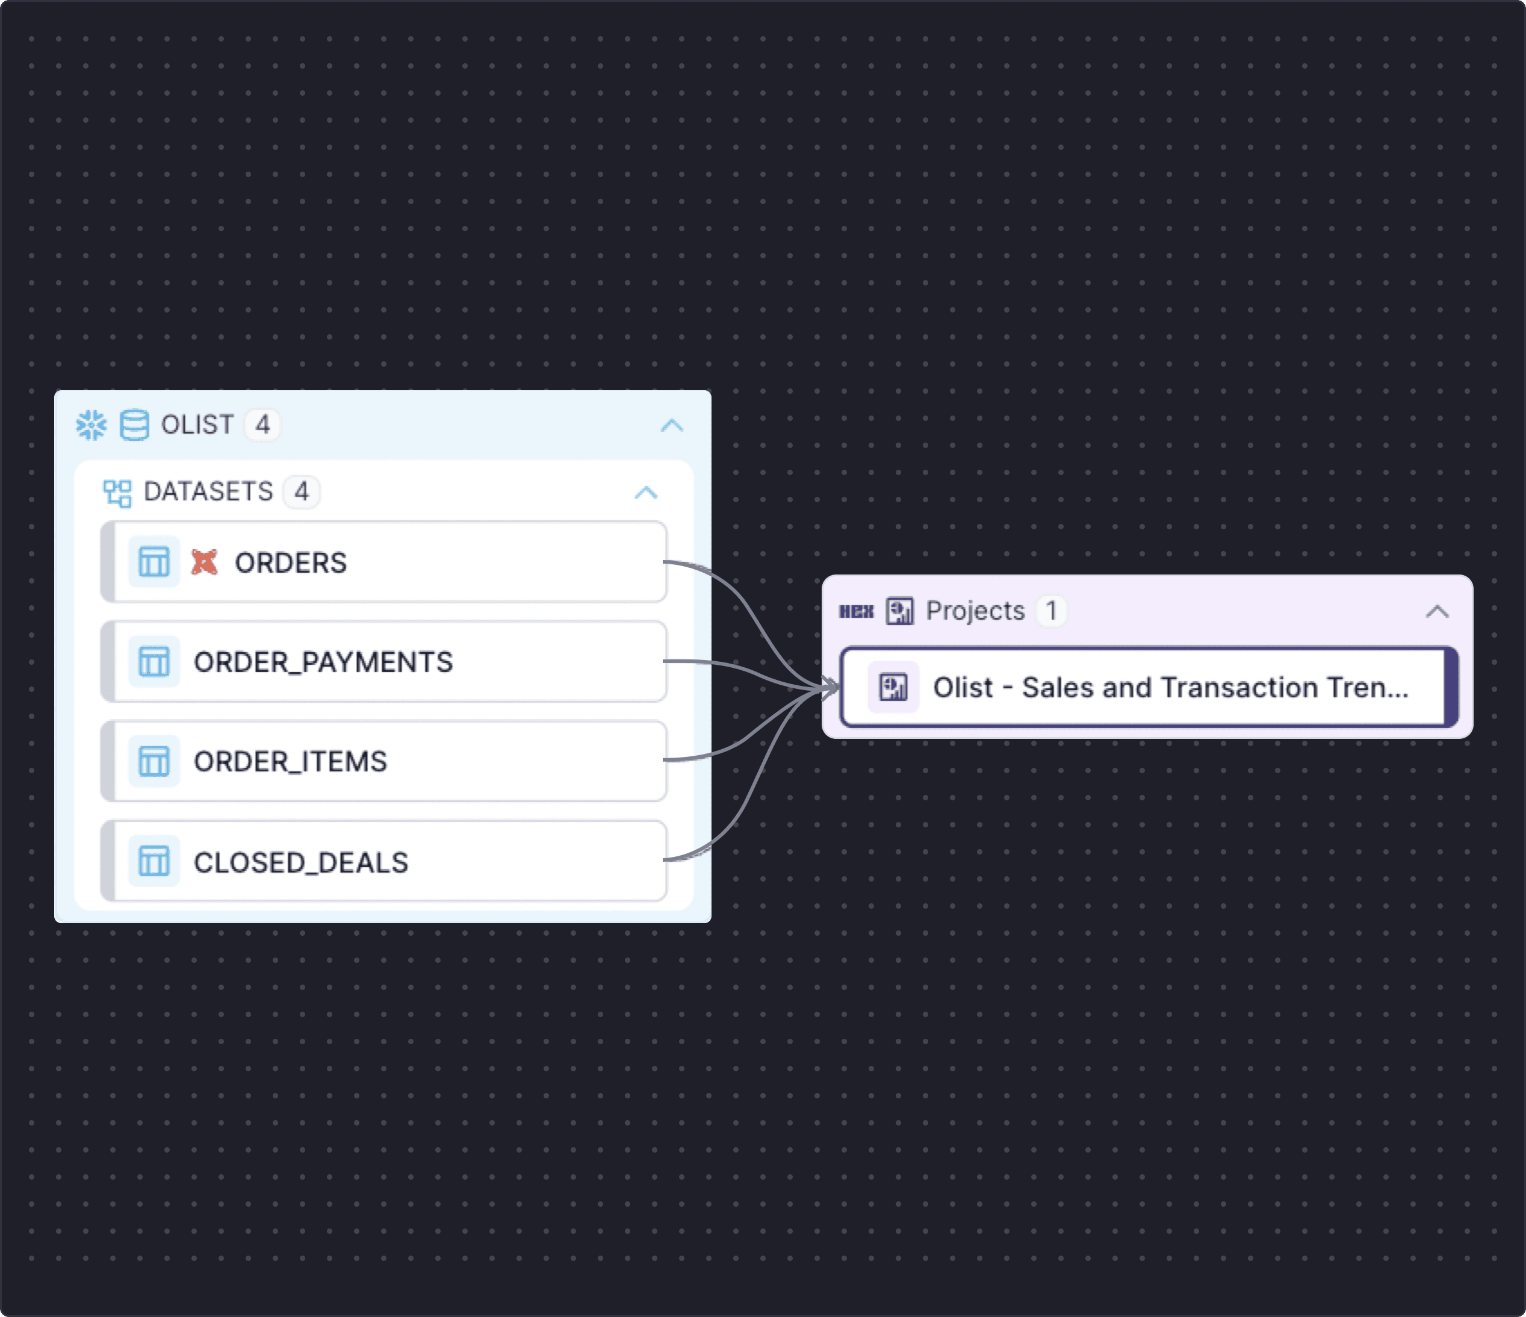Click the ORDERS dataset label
(x=290, y=562)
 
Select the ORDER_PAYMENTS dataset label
(x=323, y=662)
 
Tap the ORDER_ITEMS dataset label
(x=290, y=762)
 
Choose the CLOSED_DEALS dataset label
(x=300, y=862)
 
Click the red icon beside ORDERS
(x=204, y=562)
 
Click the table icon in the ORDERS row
(x=154, y=562)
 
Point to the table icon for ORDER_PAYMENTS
(x=154, y=661)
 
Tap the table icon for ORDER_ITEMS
(x=154, y=761)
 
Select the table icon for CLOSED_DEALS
(x=154, y=861)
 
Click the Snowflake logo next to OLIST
(x=91, y=425)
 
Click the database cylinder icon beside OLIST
(x=134, y=425)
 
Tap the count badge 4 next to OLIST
(x=262, y=425)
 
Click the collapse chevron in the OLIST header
(x=672, y=425)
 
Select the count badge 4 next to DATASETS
(x=301, y=492)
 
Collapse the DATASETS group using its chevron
(x=646, y=492)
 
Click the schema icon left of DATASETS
(x=117, y=493)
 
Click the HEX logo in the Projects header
(x=857, y=611)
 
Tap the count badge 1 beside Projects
(x=1051, y=611)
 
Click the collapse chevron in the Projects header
(x=1437, y=611)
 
